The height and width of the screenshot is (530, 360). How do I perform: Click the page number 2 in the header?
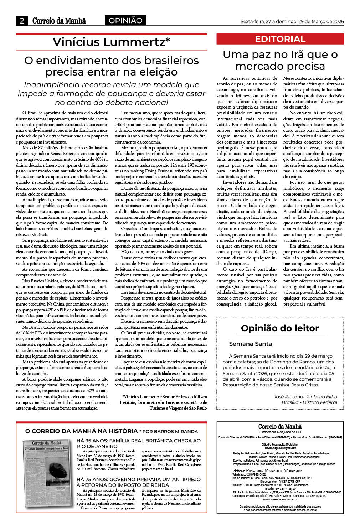22,21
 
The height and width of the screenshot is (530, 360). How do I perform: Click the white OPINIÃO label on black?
125,21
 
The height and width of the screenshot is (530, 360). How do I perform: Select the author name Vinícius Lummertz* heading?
111,42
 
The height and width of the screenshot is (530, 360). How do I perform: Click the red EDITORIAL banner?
280,39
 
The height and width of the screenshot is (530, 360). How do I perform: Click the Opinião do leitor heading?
280,328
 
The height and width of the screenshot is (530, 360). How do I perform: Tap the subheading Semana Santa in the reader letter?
250,344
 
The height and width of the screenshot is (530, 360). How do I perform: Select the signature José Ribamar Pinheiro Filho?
305,396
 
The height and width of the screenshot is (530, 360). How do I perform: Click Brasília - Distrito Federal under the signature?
309,402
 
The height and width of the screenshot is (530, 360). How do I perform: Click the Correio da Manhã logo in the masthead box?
280,426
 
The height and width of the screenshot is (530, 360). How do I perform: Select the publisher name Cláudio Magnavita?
280,445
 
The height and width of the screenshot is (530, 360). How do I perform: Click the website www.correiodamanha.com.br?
280,499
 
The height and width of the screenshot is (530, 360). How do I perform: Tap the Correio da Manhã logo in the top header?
59,21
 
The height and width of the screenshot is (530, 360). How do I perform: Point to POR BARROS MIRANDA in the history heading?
170,431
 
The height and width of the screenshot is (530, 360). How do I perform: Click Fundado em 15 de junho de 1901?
280,432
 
